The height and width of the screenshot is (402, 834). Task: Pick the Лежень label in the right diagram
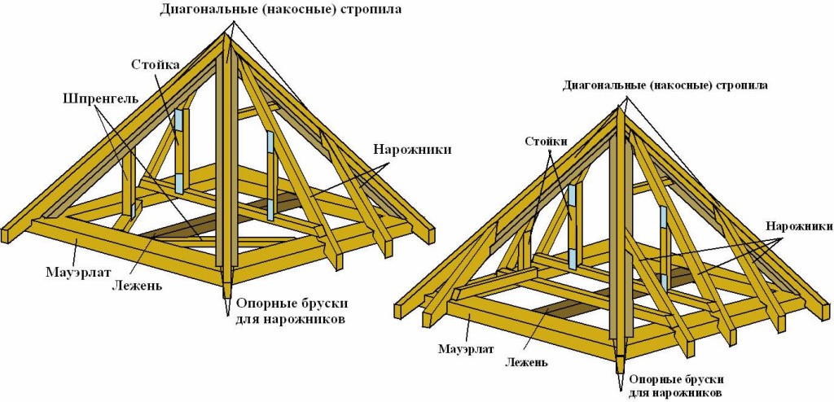pos(525,362)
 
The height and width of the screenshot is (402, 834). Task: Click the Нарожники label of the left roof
pos(413,150)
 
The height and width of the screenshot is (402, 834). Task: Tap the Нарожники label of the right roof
pos(797,225)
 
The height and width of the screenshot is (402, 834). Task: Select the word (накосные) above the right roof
pos(684,85)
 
